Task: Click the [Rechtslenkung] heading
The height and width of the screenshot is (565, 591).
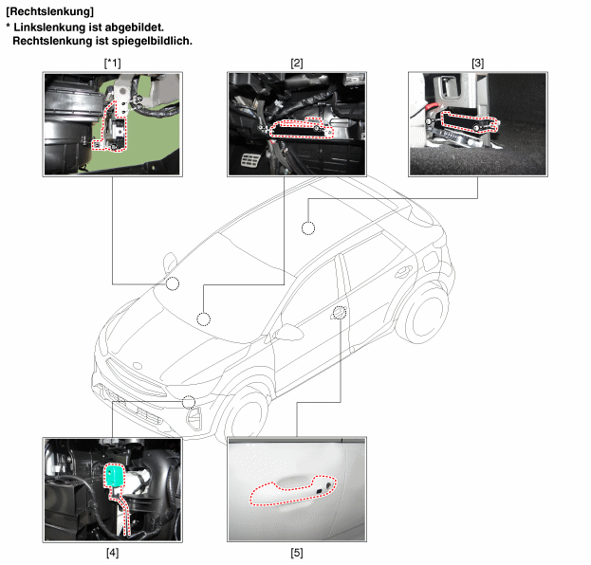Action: (x=49, y=11)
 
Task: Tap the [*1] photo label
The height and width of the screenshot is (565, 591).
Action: (x=112, y=63)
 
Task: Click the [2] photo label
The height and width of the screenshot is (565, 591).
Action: (x=297, y=63)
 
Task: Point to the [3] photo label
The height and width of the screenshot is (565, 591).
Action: (x=477, y=63)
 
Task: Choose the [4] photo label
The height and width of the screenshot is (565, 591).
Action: (x=112, y=553)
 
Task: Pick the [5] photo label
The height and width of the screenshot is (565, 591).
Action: (x=297, y=553)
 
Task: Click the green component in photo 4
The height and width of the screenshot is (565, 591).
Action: (x=114, y=475)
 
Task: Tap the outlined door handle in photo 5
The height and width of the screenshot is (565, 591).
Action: (x=292, y=490)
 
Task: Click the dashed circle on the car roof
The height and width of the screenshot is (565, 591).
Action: (x=308, y=228)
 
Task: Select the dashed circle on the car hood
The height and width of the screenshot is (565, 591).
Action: (x=204, y=319)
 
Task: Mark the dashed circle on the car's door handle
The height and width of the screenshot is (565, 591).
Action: (x=340, y=313)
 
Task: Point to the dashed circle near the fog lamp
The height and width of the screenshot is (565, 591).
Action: (x=189, y=402)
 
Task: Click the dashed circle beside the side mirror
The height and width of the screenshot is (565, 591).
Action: (x=173, y=283)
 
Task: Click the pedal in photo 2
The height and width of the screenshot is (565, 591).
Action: (x=249, y=160)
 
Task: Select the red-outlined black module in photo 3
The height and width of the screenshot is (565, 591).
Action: (x=468, y=121)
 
